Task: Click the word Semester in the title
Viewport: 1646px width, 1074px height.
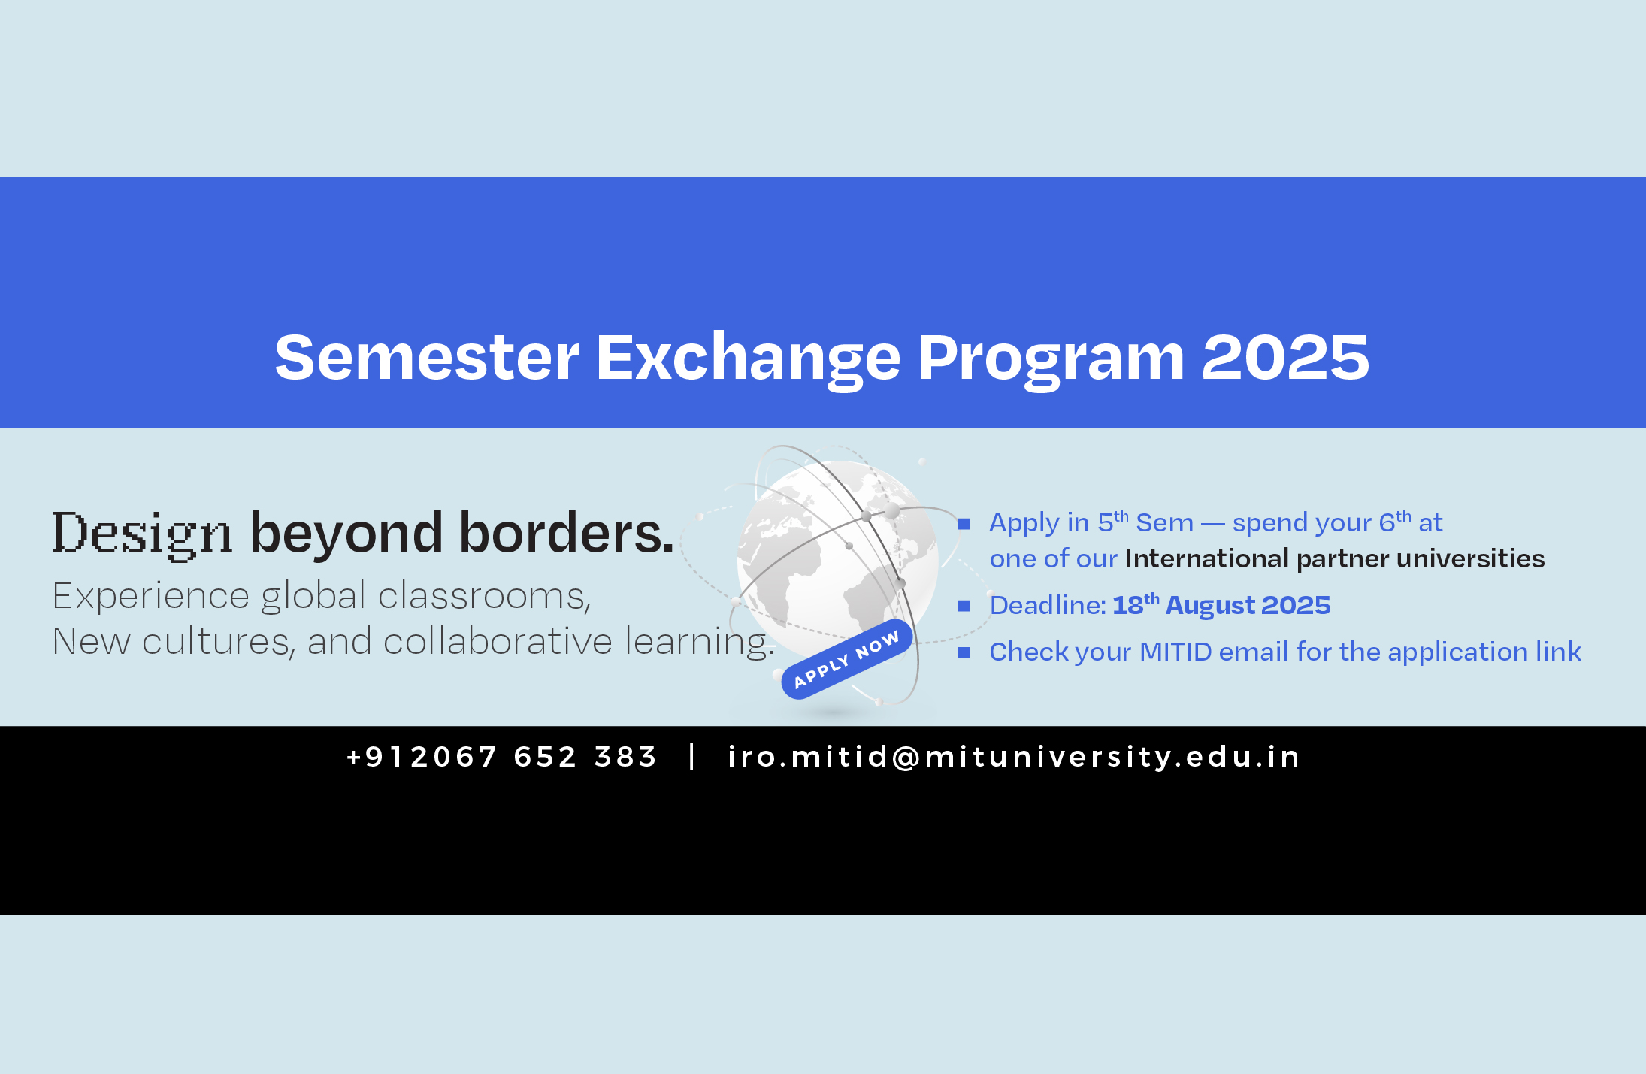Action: [x=427, y=357]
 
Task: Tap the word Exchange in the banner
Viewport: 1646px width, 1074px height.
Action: [x=748, y=360]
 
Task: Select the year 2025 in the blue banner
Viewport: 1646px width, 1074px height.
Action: [x=1285, y=357]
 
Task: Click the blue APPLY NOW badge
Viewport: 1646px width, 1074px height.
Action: [x=847, y=659]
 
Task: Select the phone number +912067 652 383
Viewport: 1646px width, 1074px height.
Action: [x=502, y=757]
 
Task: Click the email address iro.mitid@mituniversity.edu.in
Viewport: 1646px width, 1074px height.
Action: [x=1014, y=757]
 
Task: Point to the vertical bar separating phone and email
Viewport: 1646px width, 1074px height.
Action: [x=692, y=756]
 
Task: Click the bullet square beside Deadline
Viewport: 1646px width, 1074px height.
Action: [x=964, y=606]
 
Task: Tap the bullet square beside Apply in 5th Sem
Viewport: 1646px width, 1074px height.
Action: [x=964, y=524]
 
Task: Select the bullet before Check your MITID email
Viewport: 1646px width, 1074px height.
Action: [x=964, y=652]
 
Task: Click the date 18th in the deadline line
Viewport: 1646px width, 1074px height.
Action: [x=1136, y=604]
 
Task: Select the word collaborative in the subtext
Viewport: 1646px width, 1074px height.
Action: [x=498, y=641]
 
